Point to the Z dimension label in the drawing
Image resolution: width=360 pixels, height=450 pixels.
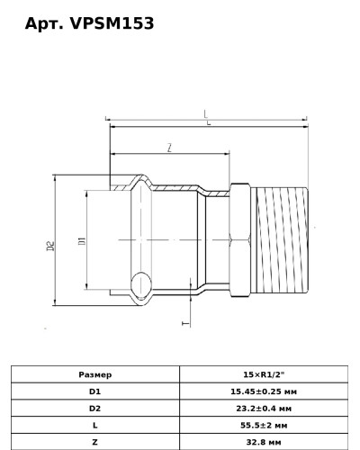[x=168, y=147]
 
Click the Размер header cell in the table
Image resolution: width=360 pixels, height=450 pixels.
[x=95, y=373]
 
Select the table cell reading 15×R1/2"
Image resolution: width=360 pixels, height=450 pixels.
[x=264, y=373]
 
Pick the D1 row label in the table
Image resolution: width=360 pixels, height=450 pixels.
[x=95, y=391]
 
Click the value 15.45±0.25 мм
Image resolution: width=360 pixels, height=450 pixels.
[x=264, y=391]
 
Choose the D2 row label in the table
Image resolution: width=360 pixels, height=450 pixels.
[x=95, y=409]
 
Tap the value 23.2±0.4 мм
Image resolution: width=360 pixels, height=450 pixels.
[x=264, y=409]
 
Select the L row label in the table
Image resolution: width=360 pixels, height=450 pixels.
[x=95, y=426]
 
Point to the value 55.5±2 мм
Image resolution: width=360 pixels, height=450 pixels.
[x=264, y=426]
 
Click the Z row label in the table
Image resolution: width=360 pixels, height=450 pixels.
[x=95, y=443]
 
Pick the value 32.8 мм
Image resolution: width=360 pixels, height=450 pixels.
[x=264, y=443]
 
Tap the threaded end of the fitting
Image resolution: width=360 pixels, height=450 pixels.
[x=283, y=240]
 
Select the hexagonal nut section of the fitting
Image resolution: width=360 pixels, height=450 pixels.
[x=241, y=240]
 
